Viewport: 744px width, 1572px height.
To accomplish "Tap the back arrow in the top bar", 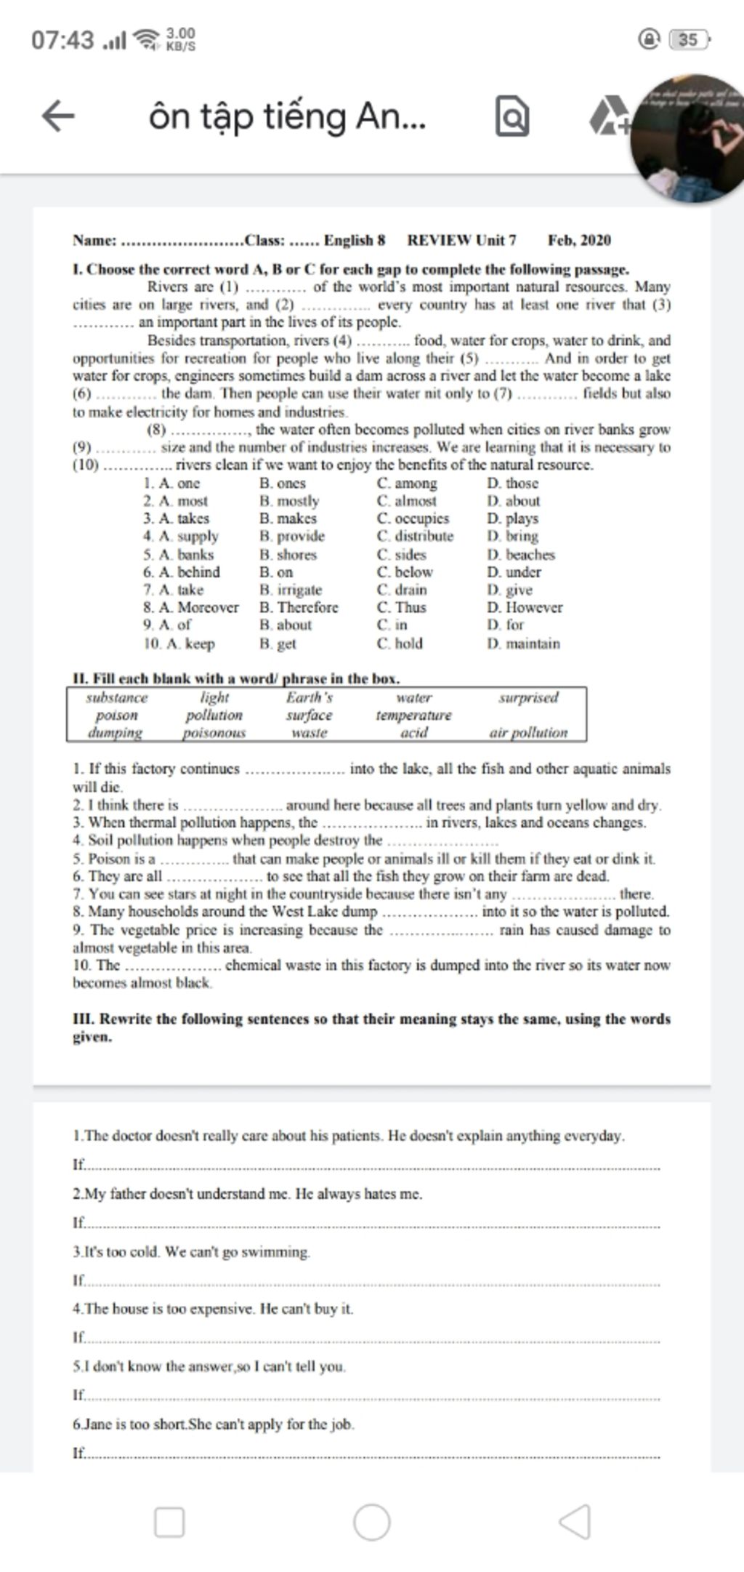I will [x=58, y=117].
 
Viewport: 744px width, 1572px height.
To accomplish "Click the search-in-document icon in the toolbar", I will [x=512, y=119].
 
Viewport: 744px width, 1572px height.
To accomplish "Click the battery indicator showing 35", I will [x=687, y=39].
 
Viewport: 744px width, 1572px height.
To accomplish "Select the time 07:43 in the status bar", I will [x=62, y=40].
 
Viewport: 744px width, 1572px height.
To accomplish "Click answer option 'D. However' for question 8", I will [x=525, y=607].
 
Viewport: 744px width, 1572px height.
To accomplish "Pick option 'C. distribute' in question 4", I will [x=415, y=536].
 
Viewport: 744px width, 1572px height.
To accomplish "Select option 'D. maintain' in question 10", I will [x=524, y=643].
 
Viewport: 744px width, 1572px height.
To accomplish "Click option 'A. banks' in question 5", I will [x=179, y=554].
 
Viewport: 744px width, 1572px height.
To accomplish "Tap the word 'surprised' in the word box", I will [x=528, y=697].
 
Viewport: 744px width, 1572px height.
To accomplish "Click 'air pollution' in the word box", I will [x=528, y=733].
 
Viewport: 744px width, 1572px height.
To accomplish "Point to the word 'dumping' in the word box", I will [x=116, y=733].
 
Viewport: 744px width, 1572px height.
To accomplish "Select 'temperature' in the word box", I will [x=413, y=715].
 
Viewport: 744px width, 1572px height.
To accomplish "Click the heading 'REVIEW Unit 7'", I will [x=462, y=240].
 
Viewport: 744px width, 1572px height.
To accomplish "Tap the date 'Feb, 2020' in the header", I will [x=579, y=240].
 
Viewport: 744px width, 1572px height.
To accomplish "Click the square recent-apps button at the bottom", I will [x=169, y=1522].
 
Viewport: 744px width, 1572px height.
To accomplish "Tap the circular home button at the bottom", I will [x=372, y=1522].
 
